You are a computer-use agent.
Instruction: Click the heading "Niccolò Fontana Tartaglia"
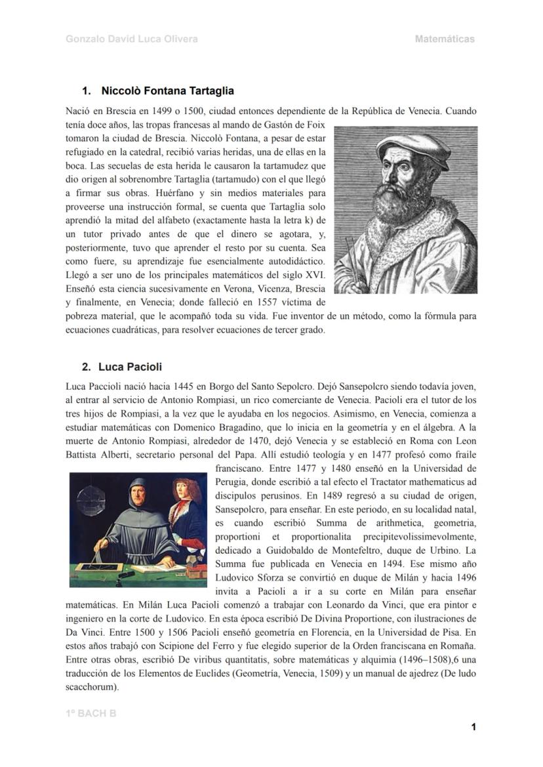(x=167, y=91)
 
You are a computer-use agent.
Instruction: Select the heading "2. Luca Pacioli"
(x=122, y=367)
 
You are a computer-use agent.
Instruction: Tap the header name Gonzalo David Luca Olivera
(x=132, y=39)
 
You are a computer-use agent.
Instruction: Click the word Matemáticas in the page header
(x=445, y=39)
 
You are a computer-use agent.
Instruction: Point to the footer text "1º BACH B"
(x=91, y=713)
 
